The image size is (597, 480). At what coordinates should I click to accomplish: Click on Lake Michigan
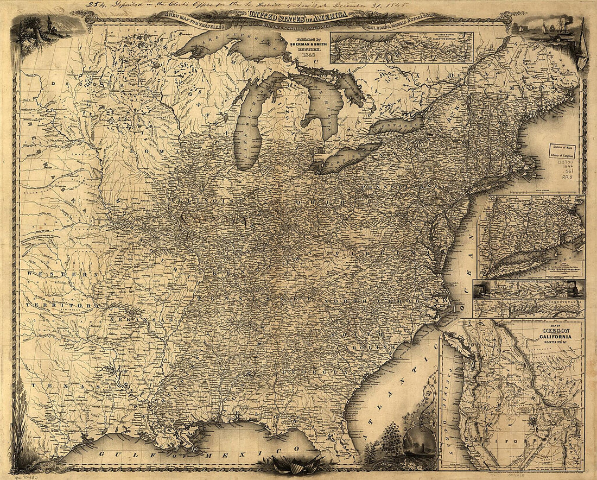coord(247,130)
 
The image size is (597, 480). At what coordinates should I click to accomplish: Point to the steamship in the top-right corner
coord(554,30)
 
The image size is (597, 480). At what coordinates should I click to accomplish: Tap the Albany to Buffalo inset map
coord(402,48)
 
